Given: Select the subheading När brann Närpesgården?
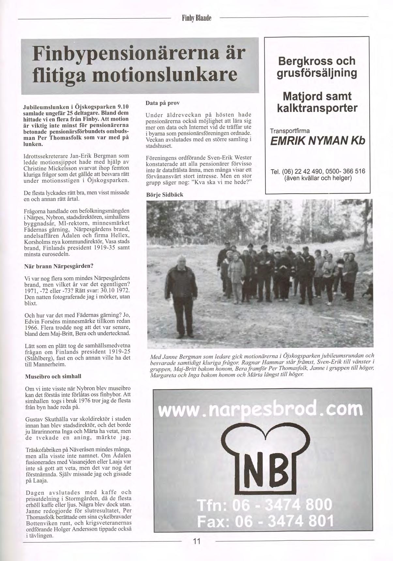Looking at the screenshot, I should (59, 266).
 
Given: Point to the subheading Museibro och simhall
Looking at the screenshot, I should (53, 376).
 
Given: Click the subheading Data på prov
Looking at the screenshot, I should (163, 103).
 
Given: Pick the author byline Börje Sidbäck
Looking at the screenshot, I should (165, 195).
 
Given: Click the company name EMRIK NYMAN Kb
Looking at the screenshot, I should (318, 141).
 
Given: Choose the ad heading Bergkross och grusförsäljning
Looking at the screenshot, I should (317, 67).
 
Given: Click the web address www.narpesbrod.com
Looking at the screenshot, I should (260, 410).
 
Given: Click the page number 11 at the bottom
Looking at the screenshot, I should (196, 541).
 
